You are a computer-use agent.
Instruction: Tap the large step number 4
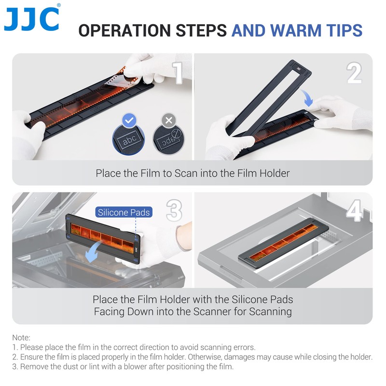click(x=354, y=210)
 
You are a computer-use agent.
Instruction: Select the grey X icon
click(x=168, y=120)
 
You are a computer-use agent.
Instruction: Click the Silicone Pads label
click(x=124, y=212)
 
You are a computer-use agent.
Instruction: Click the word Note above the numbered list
click(x=21, y=338)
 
